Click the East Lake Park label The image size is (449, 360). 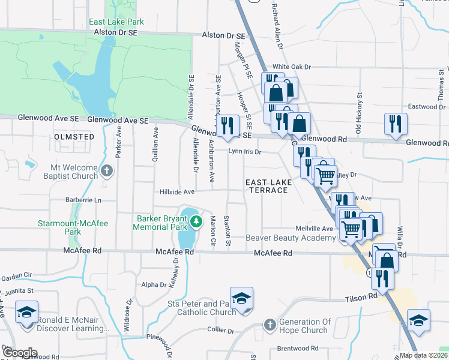pyautogui.click(x=116, y=22)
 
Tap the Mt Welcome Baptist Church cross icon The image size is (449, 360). pyautogui.click(x=107, y=172)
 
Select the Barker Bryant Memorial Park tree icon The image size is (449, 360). pyautogui.click(x=196, y=223)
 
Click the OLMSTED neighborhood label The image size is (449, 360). pyautogui.click(x=74, y=137)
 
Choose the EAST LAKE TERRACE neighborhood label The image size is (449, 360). pyautogui.click(x=268, y=185)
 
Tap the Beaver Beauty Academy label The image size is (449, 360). pyautogui.click(x=291, y=238)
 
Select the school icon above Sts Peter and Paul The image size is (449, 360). pyautogui.click(x=241, y=299)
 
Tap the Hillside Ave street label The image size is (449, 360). pyautogui.click(x=177, y=192)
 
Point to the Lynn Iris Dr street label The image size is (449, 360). pyautogui.click(x=244, y=152)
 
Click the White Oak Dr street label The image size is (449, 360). pyautogui.click(x=292, y=67)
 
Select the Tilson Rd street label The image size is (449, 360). pyautogui.click(x=361, y=297)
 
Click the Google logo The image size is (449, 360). pyautogui.click(x=20, y=353)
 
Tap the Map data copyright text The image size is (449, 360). pyautogui.click(x=423, y=355)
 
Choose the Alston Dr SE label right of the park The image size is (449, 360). pyautogui.click(x=225, y=35)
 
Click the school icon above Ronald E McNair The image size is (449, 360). pyautogui.click(x=26, y=313)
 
